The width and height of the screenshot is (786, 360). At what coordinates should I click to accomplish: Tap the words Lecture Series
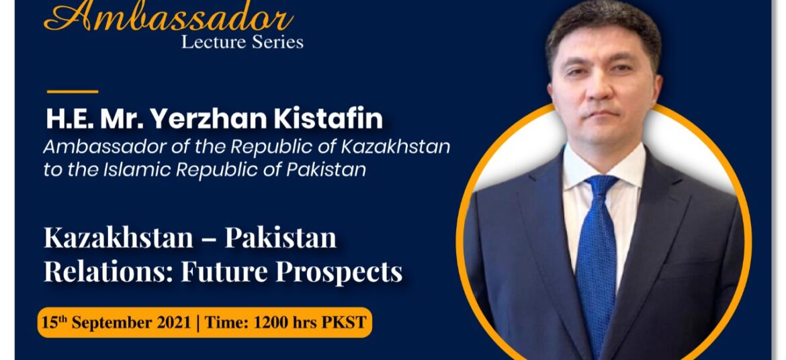click(x=242, y=42)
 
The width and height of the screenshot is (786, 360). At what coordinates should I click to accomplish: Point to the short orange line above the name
click(x=73, y=92)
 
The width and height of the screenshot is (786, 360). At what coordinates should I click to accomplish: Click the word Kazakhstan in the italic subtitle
click(x=396, y=147)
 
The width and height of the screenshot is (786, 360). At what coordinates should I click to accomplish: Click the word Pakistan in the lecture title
click(x=281, y=238)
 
